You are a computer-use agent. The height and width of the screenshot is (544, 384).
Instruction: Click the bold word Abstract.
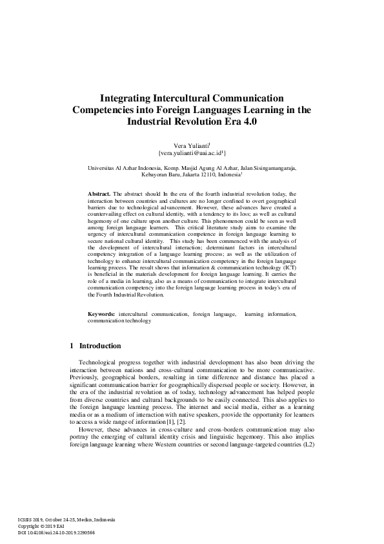(x=99, y=194)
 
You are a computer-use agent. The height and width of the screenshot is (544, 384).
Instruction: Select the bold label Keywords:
(x=101, y=314)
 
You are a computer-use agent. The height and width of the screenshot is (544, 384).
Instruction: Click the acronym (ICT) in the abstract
(x=287, y=267)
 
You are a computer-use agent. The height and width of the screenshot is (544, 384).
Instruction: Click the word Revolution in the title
(x=210, y=121)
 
